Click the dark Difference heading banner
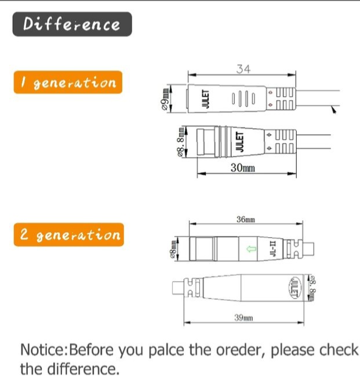point(72,24)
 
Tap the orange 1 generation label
point(68,82)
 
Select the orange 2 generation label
point(69,235)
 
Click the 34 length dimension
point(243,69)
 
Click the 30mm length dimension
point(243,168)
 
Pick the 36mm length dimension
point(246,219)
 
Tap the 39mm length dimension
point(243,318)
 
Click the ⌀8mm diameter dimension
point(173,249)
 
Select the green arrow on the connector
point(252,249)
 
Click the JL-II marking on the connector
point(272,249)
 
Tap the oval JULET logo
point(295,288)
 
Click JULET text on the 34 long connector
point(205,99)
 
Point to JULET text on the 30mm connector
point(239,141)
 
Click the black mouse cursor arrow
point(334,110)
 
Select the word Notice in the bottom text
point(42,350)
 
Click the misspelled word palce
point(166,350)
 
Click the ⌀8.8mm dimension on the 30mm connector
point(181,142)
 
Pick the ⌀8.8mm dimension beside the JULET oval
point(312,288)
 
